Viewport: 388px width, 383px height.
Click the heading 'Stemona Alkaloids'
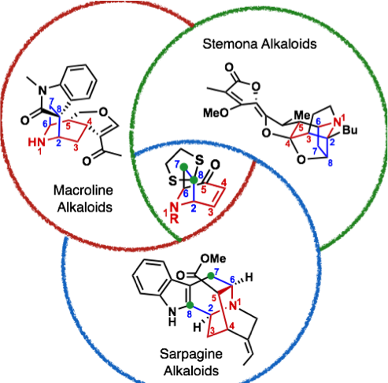click(x=260, y=43)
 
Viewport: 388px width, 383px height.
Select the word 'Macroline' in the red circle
click(x=83, y=190)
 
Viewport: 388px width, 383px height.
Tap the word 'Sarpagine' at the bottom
click(x=191, y=355)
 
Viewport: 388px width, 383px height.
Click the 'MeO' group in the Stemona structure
click(x=216, y=113)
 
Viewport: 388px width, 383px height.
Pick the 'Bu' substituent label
click(x=350, y=130)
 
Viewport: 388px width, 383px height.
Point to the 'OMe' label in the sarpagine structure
click(x=213, y=258)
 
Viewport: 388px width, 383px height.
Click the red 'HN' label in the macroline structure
click(x=36, y=143)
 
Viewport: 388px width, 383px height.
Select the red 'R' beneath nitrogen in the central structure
click(x=174, y=219)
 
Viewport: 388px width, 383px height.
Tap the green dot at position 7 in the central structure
click(x=185, y=166)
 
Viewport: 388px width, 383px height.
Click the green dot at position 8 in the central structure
click(x=194, y=180)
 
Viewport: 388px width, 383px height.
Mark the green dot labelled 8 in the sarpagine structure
click(x=190, y=305)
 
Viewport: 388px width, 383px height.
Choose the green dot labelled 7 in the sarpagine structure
click(x=211, y=276)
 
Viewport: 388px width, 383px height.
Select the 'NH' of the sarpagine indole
click(x=172, y=317)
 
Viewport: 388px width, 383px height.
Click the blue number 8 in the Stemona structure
click(x=330, y=163)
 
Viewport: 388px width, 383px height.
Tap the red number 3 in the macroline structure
click(x=76, y=147)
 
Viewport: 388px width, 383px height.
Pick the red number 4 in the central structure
click(x=224, y=183)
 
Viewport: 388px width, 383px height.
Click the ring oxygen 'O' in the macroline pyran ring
click(x=103, y=113)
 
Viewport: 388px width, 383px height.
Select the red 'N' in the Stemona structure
click(x=338, y=122)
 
